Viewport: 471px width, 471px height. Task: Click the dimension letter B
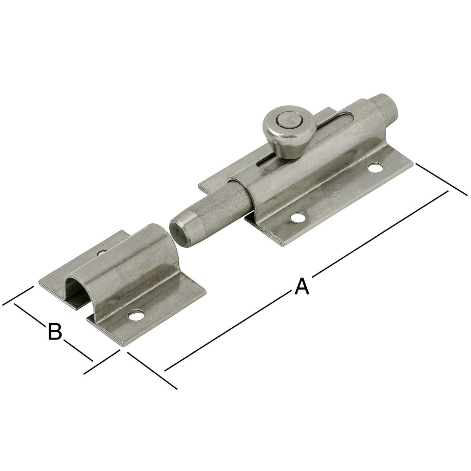55,331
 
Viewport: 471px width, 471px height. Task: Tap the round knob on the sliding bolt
289,131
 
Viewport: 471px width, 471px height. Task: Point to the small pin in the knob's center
289,120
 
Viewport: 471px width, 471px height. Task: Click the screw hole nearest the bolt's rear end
375,168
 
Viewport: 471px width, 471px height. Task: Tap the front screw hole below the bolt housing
298,217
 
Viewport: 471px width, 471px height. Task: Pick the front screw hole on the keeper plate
136,316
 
